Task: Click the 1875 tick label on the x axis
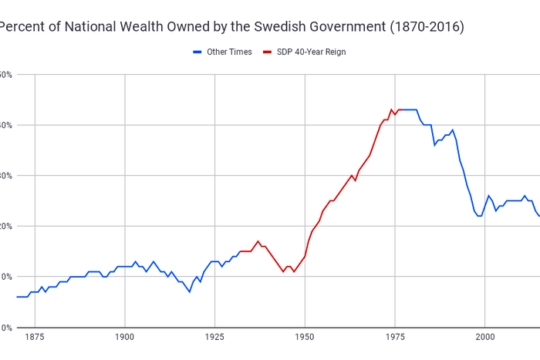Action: point(35,338)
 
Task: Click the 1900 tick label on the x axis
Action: point(125,338)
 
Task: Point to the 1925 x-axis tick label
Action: point(215,338)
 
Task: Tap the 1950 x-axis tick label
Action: point(305,338)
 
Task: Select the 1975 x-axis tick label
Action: point(395,338)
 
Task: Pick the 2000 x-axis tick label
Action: point(485,338)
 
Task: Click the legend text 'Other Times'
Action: point(229,52)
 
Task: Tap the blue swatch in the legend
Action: point(197,52)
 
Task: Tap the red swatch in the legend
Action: point(268,52)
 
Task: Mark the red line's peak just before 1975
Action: point(391,109)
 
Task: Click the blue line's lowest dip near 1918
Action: point(189,291)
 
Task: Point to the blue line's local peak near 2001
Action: point(488,196)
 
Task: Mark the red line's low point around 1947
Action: point(294,271)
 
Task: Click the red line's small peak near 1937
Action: point(258,241)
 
